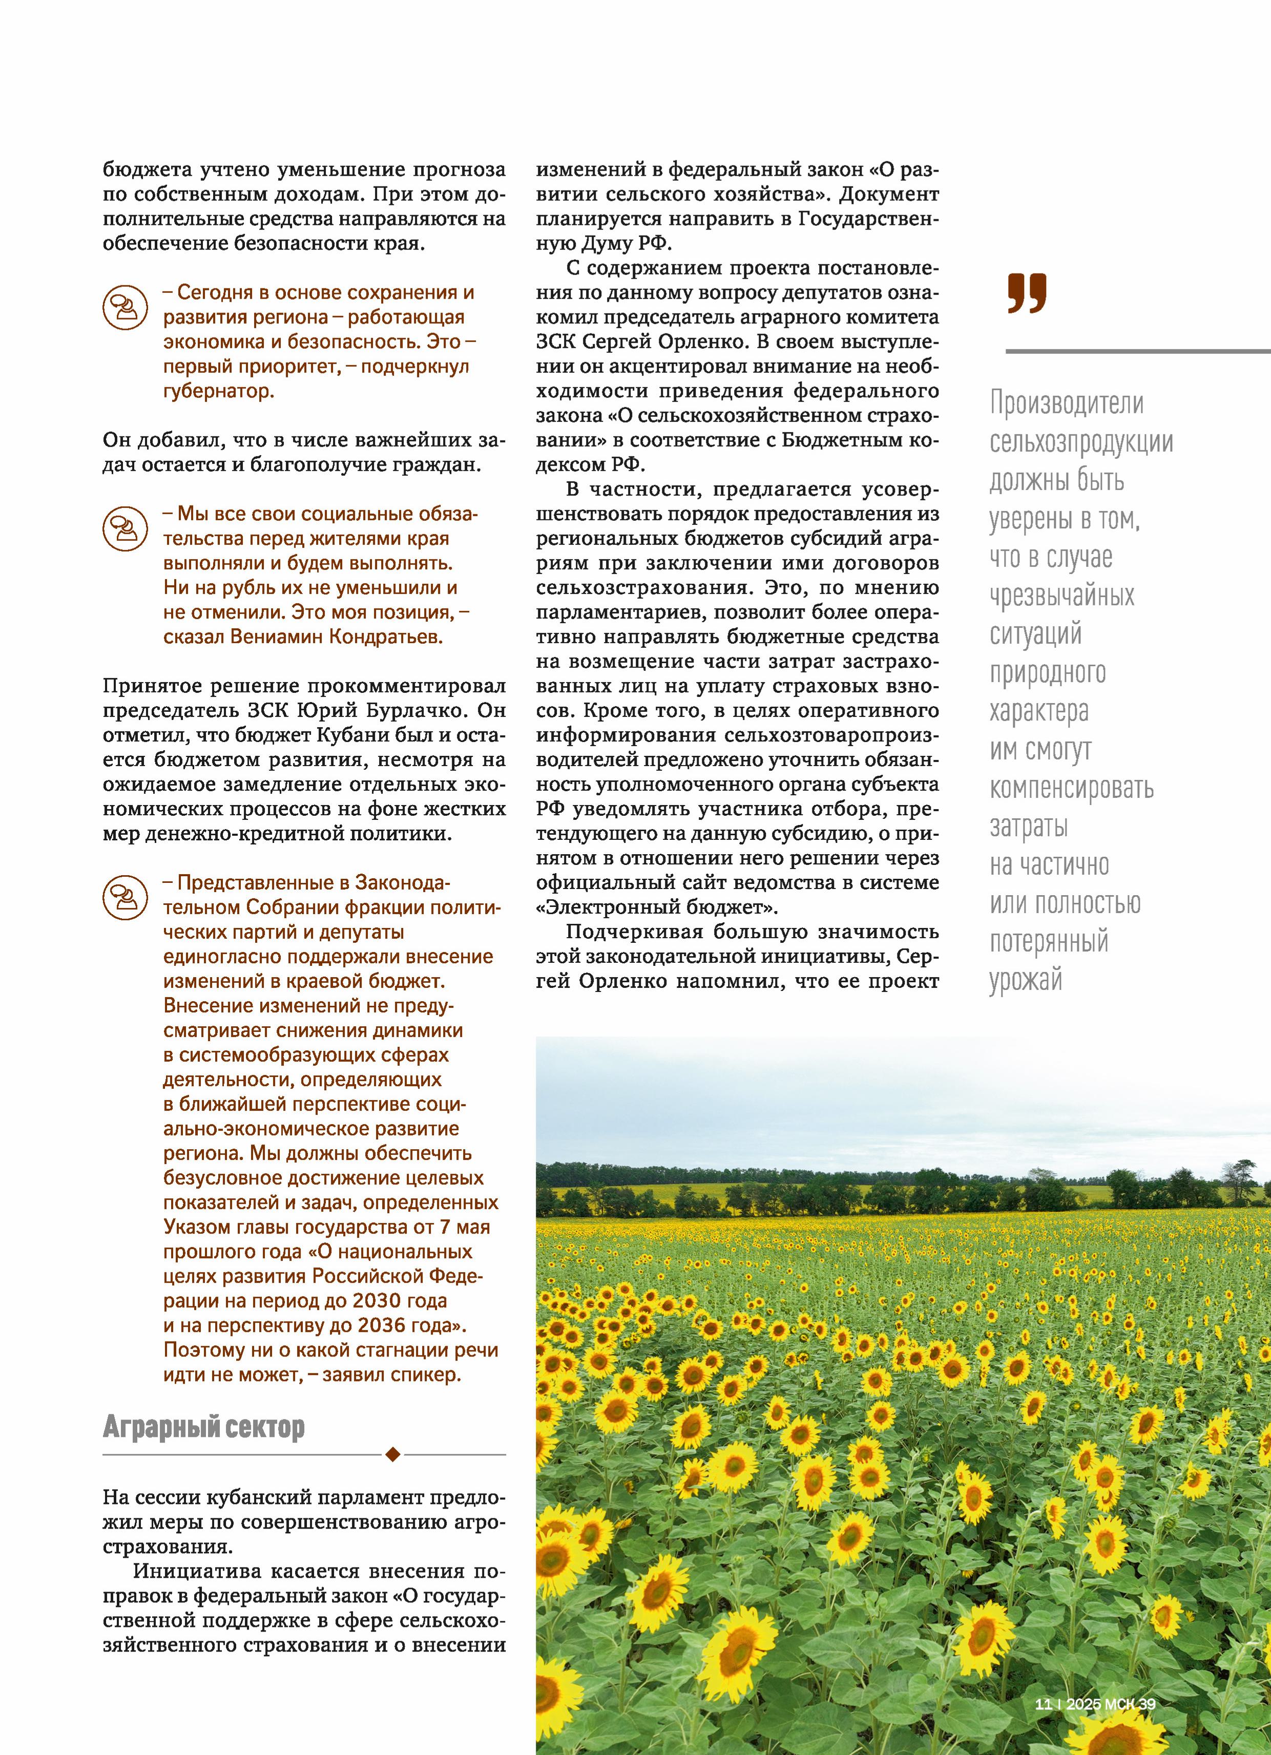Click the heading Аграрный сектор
pos(203,1426)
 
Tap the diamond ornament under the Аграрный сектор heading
pos(392,1455)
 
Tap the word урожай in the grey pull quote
pos(1026,980)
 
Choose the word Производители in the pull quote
pos(1067,403)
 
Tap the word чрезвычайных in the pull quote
pos(1062,596)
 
